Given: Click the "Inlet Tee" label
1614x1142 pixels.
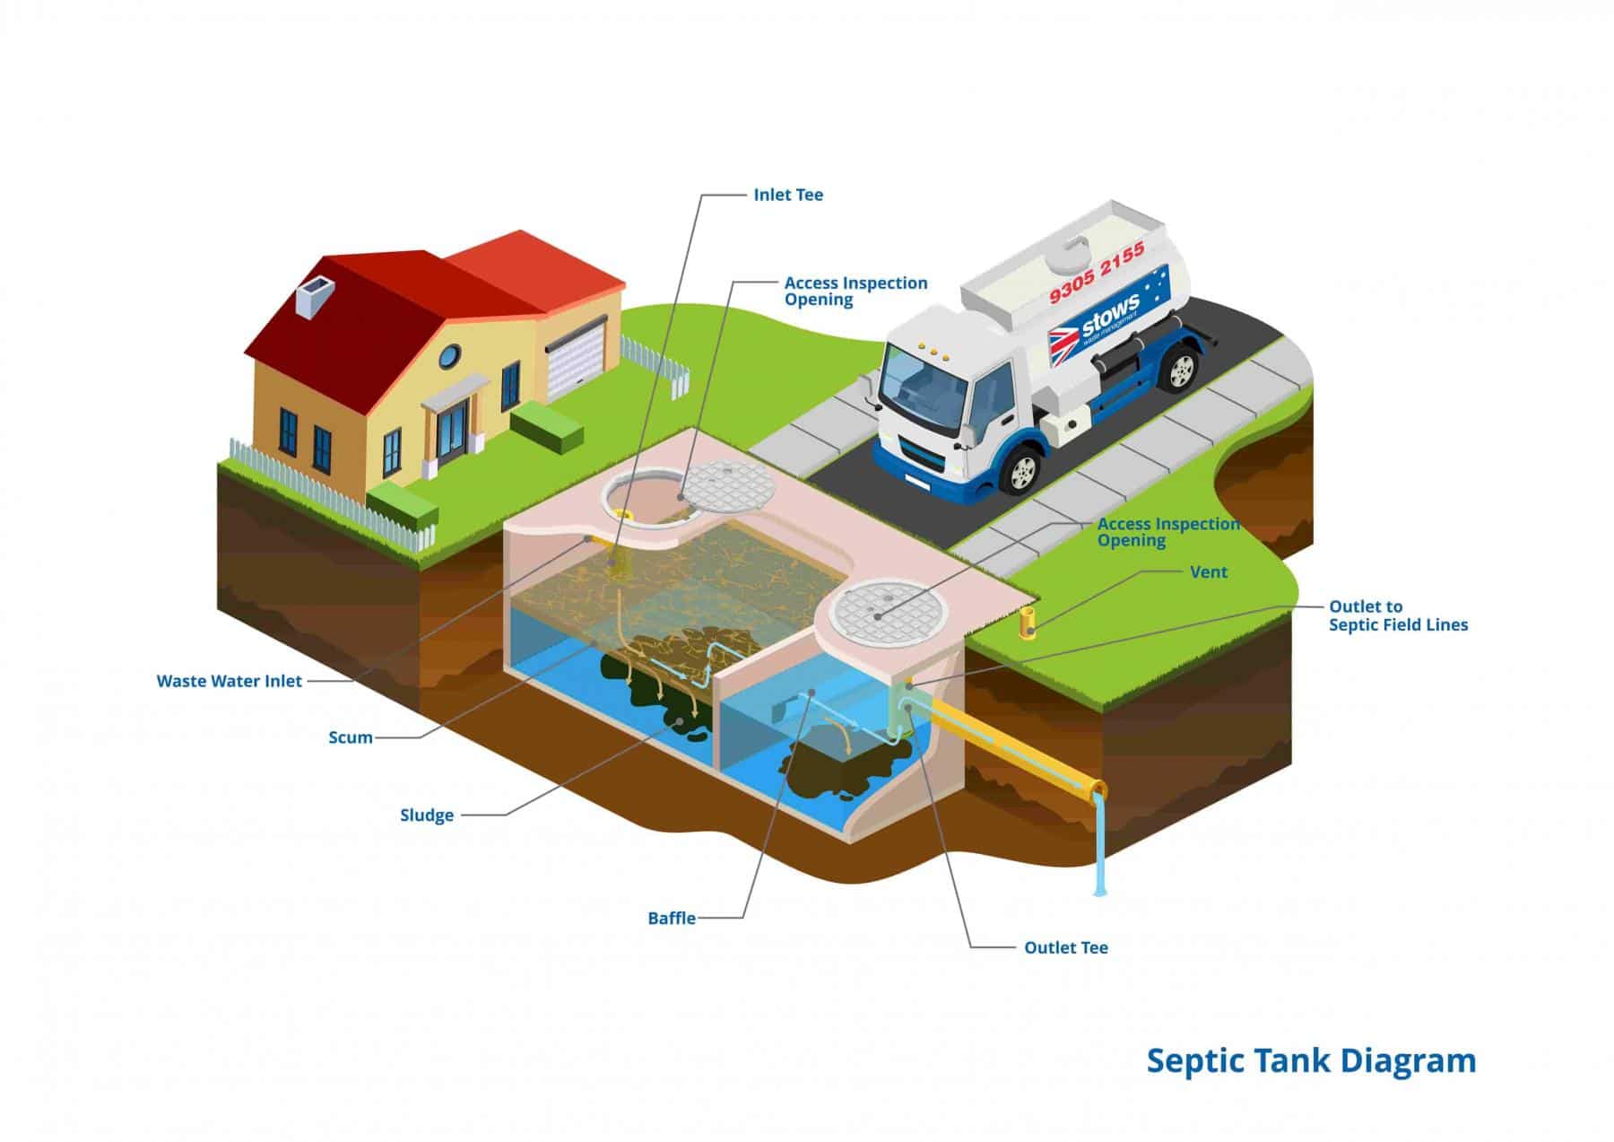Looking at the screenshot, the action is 787,195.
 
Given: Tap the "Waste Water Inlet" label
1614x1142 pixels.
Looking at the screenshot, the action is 230,681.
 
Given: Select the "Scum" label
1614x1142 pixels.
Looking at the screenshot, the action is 351,737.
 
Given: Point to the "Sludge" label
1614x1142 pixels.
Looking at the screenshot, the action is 427,815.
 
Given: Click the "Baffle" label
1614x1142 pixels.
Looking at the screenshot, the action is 672,919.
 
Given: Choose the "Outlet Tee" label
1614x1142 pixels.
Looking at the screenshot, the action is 1066,947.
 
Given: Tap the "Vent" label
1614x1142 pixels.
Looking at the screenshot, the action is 1209,572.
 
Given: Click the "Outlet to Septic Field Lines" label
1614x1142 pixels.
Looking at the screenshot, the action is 1398,615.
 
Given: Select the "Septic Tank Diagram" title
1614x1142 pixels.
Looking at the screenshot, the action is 1311,1060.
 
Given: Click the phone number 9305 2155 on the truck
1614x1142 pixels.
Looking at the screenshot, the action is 1097,273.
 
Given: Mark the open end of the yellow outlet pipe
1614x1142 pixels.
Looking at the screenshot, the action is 1098,792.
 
